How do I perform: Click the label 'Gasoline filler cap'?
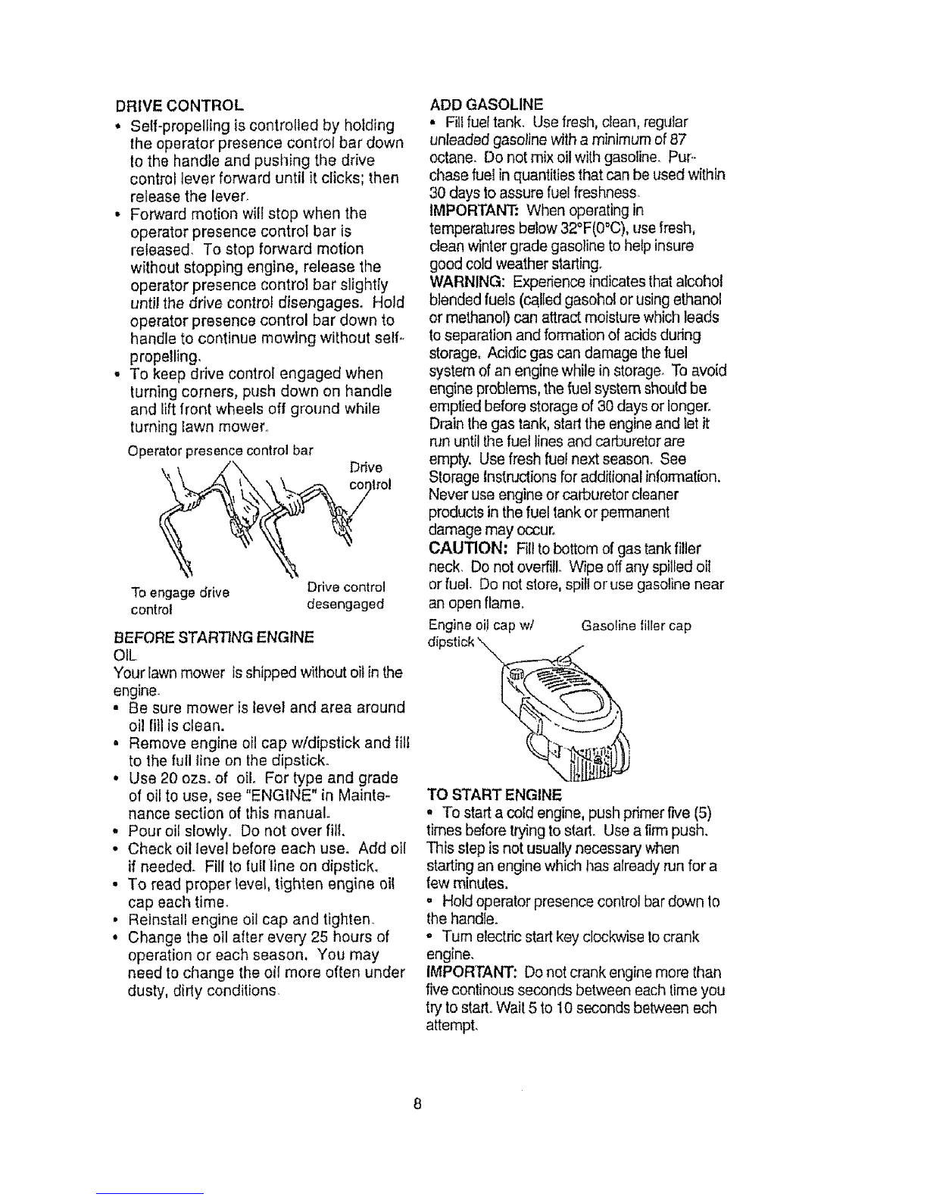tap(636, 626)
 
